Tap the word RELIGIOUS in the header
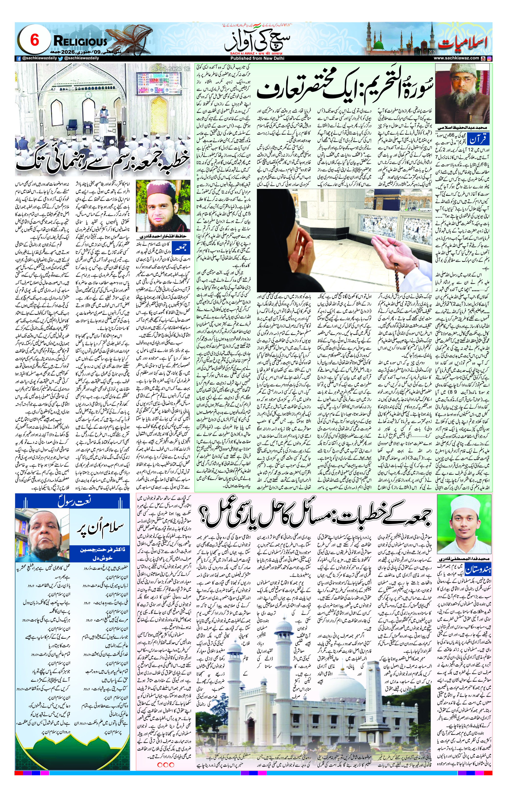80,42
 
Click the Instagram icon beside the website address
489,58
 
